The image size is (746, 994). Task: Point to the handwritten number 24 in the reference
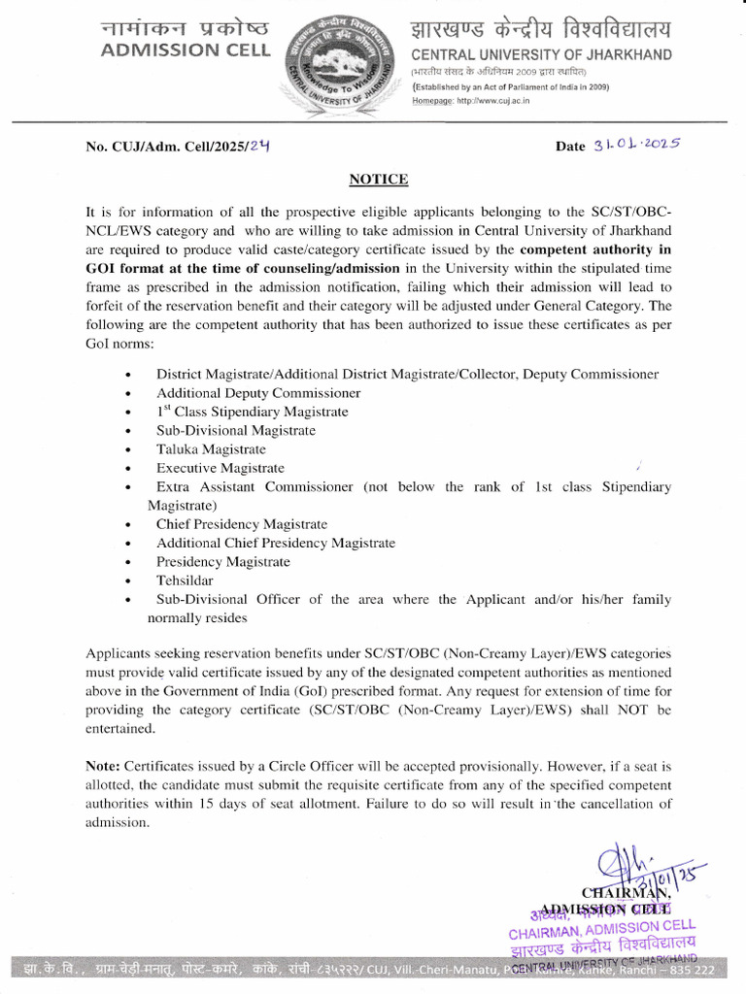click(258, 146)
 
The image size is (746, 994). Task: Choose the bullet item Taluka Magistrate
click(211, 449)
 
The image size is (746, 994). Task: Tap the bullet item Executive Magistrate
click(220, 468)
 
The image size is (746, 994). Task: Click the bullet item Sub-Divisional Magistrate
click(236, 430)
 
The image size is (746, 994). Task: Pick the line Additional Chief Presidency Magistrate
click(276, 543)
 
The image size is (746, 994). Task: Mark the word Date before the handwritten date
click(570, 147)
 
